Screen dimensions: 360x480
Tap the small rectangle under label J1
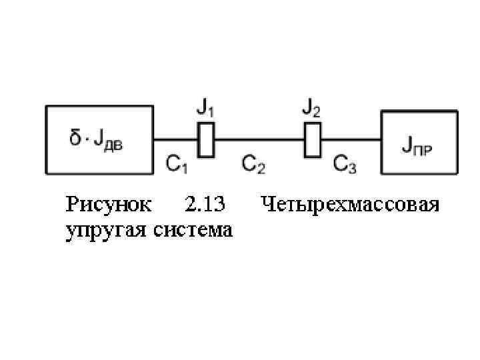207,139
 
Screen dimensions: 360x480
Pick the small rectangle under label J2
312,139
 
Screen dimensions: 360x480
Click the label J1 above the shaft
206,107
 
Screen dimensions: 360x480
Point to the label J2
311,107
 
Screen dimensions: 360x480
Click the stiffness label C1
177,163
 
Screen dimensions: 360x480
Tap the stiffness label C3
345,163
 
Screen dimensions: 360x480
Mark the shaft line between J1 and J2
259,139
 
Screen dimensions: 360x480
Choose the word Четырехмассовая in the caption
350,204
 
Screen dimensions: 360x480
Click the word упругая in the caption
107,230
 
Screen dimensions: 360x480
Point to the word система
193,230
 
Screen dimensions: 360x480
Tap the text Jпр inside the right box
418,143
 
